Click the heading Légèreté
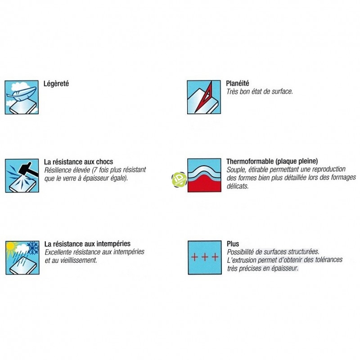[x=56, y=84]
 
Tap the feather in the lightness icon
[x=21, y=93]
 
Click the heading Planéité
[x=238, y=83]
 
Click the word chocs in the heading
[x=104, y=162]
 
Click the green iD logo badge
[x=179, y=180]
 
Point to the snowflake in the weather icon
[x=33, y=247]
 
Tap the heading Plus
[x=233, y=243]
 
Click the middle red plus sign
[x=205, y=257]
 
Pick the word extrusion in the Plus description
[x=245, y=260]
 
